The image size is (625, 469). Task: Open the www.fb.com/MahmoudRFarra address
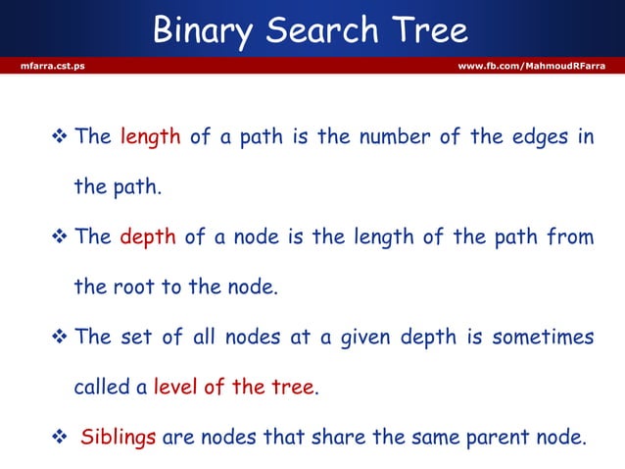532,66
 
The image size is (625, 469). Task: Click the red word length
150,137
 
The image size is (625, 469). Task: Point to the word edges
537,137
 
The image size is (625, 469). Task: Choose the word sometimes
543,338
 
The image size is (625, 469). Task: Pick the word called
102,388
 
